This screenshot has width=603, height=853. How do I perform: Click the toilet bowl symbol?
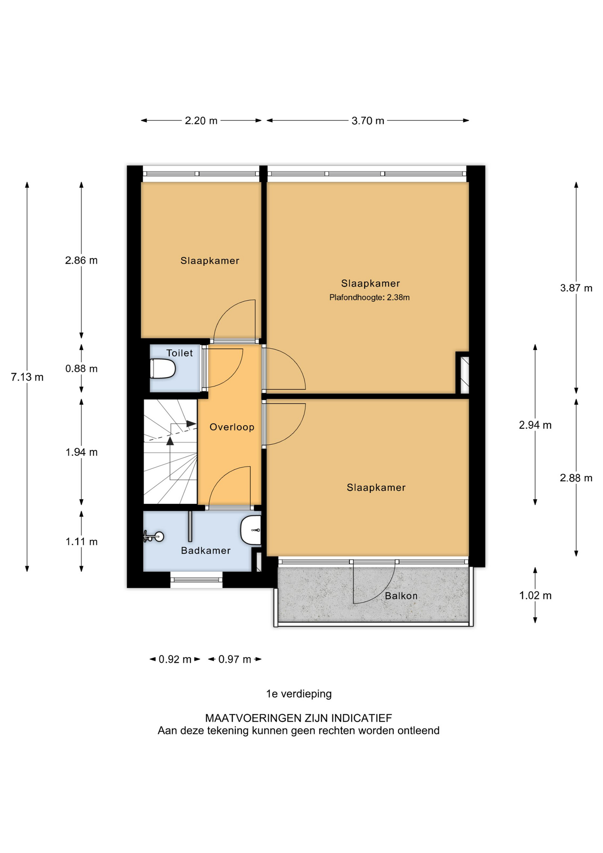point(163,369)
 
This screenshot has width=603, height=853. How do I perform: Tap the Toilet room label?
point(179,353)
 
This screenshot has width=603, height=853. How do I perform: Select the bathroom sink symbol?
point(251,530)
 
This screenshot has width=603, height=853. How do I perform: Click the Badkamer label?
point(206,551)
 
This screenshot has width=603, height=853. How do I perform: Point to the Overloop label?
point(232,427)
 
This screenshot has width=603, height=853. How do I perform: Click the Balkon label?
point(401,596)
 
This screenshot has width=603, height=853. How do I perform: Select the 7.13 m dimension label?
point(27,377)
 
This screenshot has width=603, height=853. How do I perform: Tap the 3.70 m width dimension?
point(368,121)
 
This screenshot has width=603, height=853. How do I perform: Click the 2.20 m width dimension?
point(201,121)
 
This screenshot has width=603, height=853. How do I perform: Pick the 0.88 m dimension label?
point(81,369)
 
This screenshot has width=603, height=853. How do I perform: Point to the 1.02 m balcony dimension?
point(535,596)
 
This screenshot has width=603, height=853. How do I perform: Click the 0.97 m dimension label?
point(235,659)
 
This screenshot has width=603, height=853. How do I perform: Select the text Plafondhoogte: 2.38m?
point(369,298)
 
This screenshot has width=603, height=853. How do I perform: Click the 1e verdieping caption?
point(299,694)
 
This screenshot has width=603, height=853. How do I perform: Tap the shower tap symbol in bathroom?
point(154,537)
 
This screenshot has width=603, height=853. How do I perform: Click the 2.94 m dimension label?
point(535,425)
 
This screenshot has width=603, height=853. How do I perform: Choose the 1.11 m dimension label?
point(81,542)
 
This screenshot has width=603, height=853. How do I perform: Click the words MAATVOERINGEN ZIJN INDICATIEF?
point(298,718)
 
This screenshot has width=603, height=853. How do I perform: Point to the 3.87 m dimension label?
point(576,288)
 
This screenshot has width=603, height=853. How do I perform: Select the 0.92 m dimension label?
point(175,659)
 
